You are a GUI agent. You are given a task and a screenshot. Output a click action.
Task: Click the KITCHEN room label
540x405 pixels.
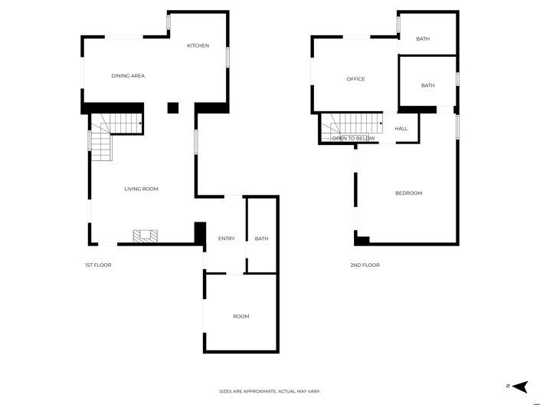[198, 46]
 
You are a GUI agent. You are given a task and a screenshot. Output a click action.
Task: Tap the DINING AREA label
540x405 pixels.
[128, 76]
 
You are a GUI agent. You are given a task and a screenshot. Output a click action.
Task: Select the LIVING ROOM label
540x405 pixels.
[142, 189]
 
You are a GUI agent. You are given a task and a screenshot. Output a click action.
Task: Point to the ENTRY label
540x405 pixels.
[226, 239]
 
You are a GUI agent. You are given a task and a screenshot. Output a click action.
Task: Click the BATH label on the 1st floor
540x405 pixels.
[262, 239]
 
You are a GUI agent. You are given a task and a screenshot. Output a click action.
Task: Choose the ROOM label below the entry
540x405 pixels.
[241, 316]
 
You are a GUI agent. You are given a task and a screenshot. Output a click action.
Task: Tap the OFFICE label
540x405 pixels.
[355, 79]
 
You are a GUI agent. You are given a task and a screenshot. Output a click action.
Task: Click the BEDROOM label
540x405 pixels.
[408, 193]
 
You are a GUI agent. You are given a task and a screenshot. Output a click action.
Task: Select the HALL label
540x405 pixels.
[401, 129]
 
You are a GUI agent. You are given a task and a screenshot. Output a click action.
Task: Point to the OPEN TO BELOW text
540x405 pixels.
[353, 139]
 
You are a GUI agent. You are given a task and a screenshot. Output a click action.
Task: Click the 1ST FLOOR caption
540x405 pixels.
[98, 265]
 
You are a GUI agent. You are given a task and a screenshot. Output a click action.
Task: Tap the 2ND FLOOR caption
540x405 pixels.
[365, 265]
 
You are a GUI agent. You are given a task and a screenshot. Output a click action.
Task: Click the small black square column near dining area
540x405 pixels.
[172, 107]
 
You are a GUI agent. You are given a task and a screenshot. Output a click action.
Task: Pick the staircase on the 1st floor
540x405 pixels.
[115, 130]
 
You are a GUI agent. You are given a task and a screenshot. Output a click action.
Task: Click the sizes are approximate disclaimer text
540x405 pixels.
[270, 391]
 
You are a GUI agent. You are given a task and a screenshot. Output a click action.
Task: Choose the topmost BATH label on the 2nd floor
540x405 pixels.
[423, 39]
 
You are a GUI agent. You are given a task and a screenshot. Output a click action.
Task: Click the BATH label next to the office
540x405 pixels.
[427, 85]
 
